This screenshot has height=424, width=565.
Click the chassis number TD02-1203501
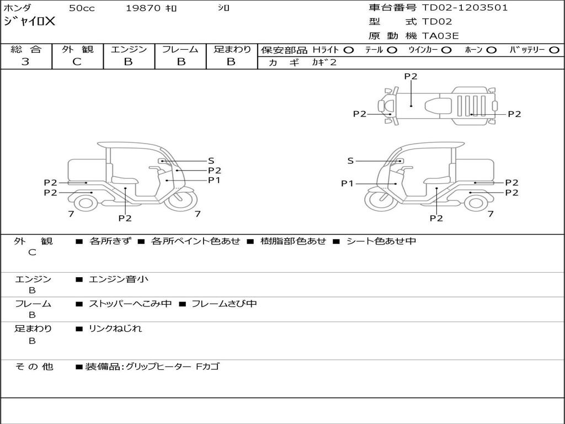pyautogui.click(x=465, y=8)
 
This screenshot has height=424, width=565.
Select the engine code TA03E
pyautogui.click(x=440, y=36)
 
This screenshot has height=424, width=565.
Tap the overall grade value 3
pyautogui.click(x=25, y=62)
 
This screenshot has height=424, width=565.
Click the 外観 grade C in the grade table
pyautogui.click(x=77, y=62)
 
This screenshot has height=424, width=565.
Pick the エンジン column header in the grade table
pyautogui.click(x=129, y=49)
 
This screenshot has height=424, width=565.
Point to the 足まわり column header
pyautogui.click(x=232, y=49)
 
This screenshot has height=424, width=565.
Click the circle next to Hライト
pyautogui.click(x=348, y=50)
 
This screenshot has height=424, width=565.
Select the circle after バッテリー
pyautogui.click(x=555, y=50)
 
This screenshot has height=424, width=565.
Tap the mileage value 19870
pyautogui.click(x=143, y=8)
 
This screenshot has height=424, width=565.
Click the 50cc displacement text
pyautogui.click(x=81, y=8)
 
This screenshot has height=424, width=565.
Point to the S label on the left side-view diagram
pyautogui.click(x=211, y=161)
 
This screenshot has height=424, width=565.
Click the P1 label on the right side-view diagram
pyautogui.click(x=347, y=183)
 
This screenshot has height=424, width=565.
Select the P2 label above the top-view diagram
pyautogui.click(x=411, y=77)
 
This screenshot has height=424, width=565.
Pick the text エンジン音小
pyautogui.click(x=119, y=279)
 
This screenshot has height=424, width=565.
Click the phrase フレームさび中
pyautogui.click(x=223, y=304)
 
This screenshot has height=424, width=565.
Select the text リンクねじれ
pyautogui.click(x=115, y=328)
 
